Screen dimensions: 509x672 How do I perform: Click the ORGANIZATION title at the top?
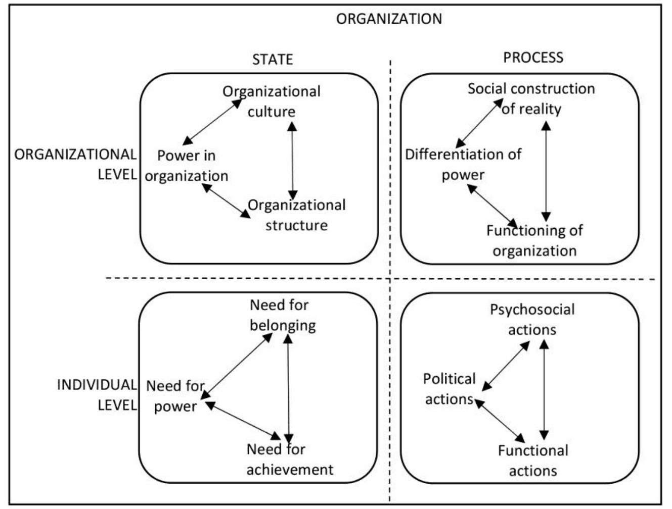coord(389,19)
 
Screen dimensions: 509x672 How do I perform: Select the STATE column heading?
coord(273,59)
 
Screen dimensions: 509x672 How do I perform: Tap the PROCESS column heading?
coord(533,57)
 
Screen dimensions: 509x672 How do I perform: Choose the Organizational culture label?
coord(272,101)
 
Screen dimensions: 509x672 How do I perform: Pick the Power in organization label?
coord(186,166)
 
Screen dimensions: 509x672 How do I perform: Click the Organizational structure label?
coord(297,215)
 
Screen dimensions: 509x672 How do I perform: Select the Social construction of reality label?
coord(531,98)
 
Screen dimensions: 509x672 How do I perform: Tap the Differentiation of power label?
coord(463,164)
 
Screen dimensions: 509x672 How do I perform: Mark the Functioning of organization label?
coord(534,240)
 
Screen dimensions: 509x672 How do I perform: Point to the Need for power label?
coord(175,396)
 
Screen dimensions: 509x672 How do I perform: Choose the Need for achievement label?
coord(290,459)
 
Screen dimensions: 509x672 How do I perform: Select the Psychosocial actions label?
coord(532,319)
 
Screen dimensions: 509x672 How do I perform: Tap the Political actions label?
coord(449,389)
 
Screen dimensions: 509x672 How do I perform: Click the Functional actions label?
coord(533,461)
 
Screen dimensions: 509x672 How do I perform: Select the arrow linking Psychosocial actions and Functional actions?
coord(544,389)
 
